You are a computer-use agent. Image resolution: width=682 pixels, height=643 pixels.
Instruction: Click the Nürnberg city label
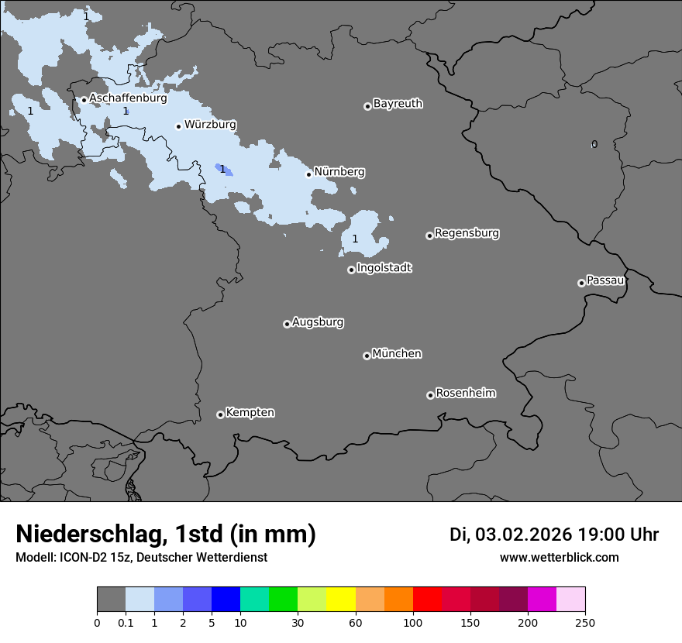click(339, 172)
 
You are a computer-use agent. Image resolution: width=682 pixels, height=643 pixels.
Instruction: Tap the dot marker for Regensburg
click(429, 236)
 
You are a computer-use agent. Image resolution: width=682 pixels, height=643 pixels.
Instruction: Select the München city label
click(397, 354)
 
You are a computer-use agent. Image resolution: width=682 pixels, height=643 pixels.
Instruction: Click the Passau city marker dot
click(581, 283)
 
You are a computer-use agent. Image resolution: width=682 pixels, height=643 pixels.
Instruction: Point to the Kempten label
click(250, 413)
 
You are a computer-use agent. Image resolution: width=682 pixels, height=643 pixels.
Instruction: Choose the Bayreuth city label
click(398, 104)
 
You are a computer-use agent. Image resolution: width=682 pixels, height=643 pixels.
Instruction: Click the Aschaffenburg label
click(128, 98)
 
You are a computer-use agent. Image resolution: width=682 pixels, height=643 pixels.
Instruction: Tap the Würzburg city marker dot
click(178, 126)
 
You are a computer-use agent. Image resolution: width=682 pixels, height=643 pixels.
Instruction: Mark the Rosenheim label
click(465, 394)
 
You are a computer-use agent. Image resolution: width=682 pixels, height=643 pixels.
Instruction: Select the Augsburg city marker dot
click(287, 324)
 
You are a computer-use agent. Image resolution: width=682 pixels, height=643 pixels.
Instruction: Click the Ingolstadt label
click(384, 268)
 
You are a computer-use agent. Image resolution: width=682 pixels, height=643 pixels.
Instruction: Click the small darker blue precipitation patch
click(223, 170)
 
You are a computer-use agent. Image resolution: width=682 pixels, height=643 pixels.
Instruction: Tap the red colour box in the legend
click(427, 600)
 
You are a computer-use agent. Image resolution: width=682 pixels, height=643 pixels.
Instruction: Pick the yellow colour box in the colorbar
click(341, 600)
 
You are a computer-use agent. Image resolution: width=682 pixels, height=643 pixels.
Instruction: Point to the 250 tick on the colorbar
click(585, 621)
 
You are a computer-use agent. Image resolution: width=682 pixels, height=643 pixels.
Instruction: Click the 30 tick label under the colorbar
click(298, 621)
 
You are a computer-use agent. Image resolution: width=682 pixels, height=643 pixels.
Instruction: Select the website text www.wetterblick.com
click(559, 558)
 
